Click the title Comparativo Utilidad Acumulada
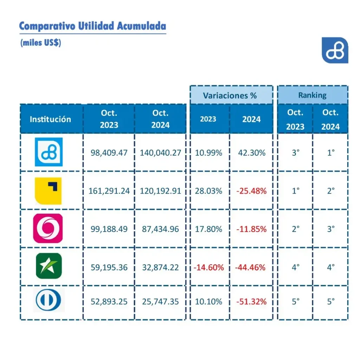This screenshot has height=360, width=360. coord(92,26)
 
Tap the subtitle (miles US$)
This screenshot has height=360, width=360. coord(41,43)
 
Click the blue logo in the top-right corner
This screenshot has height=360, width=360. coord(335,50)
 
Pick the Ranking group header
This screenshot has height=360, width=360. coord(312,95)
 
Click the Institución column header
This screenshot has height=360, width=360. coord(50,119)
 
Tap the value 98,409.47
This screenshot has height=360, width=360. coord(109,153)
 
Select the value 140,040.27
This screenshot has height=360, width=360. coord(160,153)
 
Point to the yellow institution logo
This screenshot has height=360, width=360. coord(48,191)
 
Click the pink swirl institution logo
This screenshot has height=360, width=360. coord(48,229)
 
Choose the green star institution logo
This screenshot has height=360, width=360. coord(49,266)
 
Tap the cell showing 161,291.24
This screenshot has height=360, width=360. coord(109,191)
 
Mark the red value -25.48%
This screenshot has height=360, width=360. coord(251,191)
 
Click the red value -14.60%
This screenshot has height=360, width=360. coord(209,267)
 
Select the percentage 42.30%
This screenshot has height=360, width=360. coord(251,153)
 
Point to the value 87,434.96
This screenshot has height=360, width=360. coord(160,229)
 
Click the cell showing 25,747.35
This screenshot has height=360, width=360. coord(160,302)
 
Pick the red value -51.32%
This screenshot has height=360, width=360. coord(251,302)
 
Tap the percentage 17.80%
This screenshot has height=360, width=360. coord(209,229)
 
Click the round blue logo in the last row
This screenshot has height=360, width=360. coord(48,301)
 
